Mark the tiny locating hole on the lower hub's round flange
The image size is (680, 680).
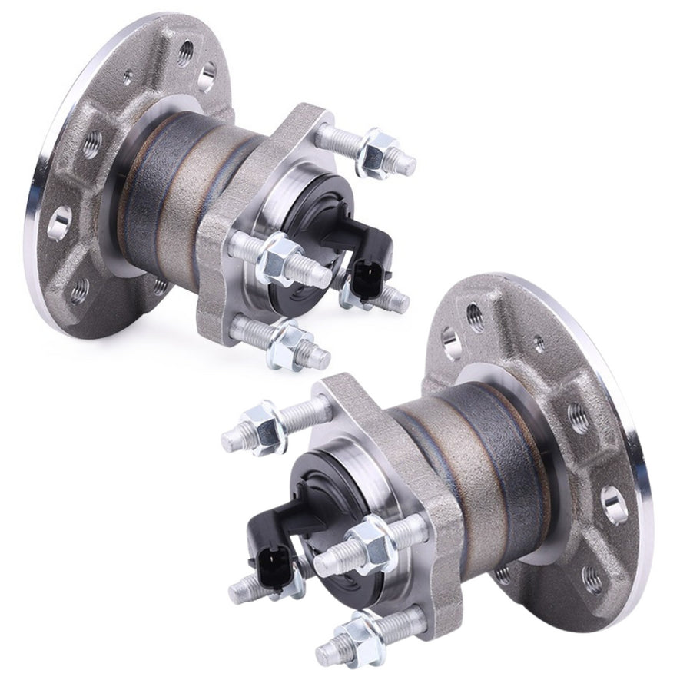pos(539,344)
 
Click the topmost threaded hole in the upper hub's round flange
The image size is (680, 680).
pos(186,51)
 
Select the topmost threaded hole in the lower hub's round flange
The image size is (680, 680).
pos(476,314)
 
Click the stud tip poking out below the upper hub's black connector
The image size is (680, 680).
pos(395,302)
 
